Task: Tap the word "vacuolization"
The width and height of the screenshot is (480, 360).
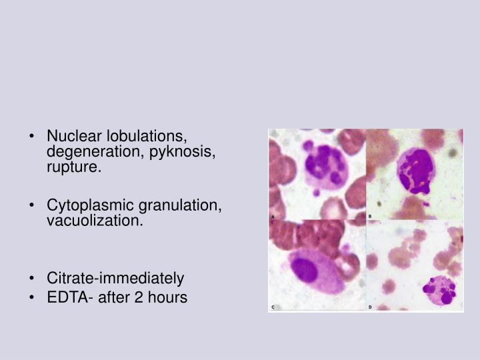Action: coord(94,221)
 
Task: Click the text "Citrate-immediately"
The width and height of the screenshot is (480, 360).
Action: coord(115,277)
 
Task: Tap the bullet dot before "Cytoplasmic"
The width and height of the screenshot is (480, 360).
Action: coord(34,205)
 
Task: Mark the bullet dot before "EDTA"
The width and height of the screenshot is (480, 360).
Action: coord(34,297)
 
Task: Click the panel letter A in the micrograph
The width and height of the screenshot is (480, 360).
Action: coord(273,217)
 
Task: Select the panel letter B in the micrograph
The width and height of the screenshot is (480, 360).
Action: coord(370,217)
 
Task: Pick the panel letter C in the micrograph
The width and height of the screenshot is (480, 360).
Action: coord(273,307)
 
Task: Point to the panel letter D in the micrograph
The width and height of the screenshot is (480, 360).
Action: coord(370,307)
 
